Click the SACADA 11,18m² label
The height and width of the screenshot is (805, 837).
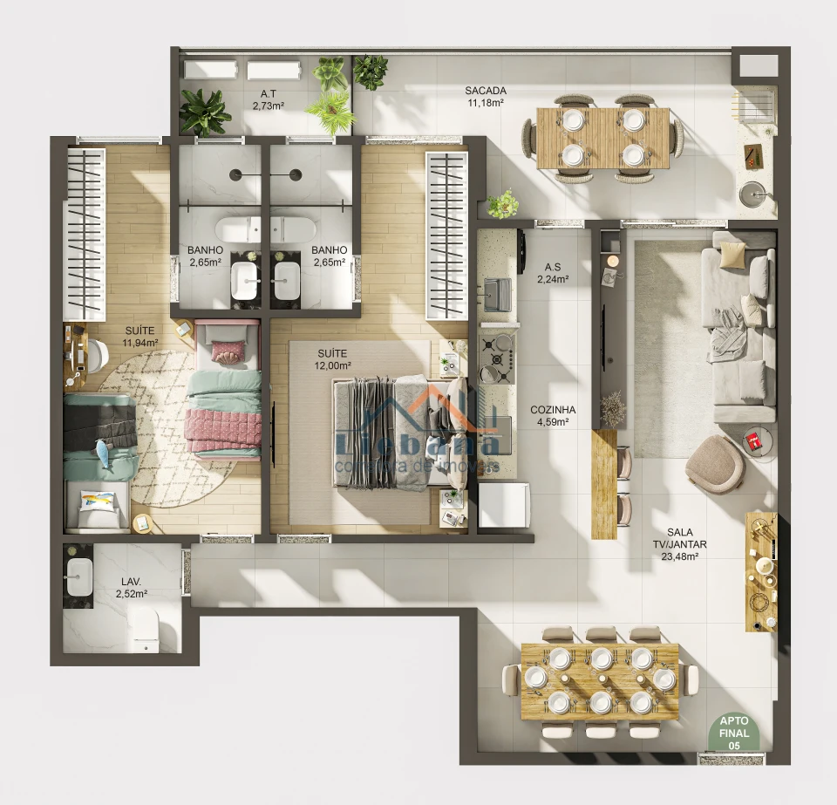(x=486, y=97)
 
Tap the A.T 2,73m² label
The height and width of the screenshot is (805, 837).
(x=268, y=99)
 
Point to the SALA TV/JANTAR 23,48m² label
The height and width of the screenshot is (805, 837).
(x=686, y=543)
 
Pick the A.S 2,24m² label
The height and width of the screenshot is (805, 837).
(x=553, y=273)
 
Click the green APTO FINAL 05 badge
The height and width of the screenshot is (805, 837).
(x=732, y=734)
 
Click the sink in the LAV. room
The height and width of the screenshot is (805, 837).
(x=80, y=576)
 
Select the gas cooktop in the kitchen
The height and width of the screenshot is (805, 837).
(x=499, y=356)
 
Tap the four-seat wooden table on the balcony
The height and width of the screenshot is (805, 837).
(x=603, y=138)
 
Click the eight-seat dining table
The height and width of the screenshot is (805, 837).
(x=600, y=680)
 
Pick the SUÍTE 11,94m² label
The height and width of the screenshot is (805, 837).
(x=139, y=337)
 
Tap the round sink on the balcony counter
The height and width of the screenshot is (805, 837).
(x=752, y=194)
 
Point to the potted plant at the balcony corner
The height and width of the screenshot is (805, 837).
(x=503, y=205)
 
